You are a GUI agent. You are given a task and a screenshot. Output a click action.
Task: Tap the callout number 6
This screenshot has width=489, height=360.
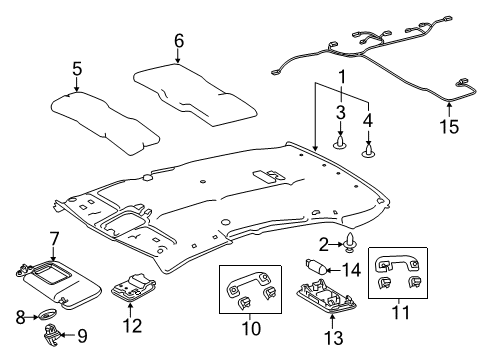pos(179,41)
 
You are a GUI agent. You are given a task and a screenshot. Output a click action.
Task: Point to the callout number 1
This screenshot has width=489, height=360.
pos(343,76)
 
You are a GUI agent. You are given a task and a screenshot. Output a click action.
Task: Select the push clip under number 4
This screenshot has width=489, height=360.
pos(370,149)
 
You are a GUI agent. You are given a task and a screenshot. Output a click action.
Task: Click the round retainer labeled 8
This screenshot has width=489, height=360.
pos(48,316)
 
